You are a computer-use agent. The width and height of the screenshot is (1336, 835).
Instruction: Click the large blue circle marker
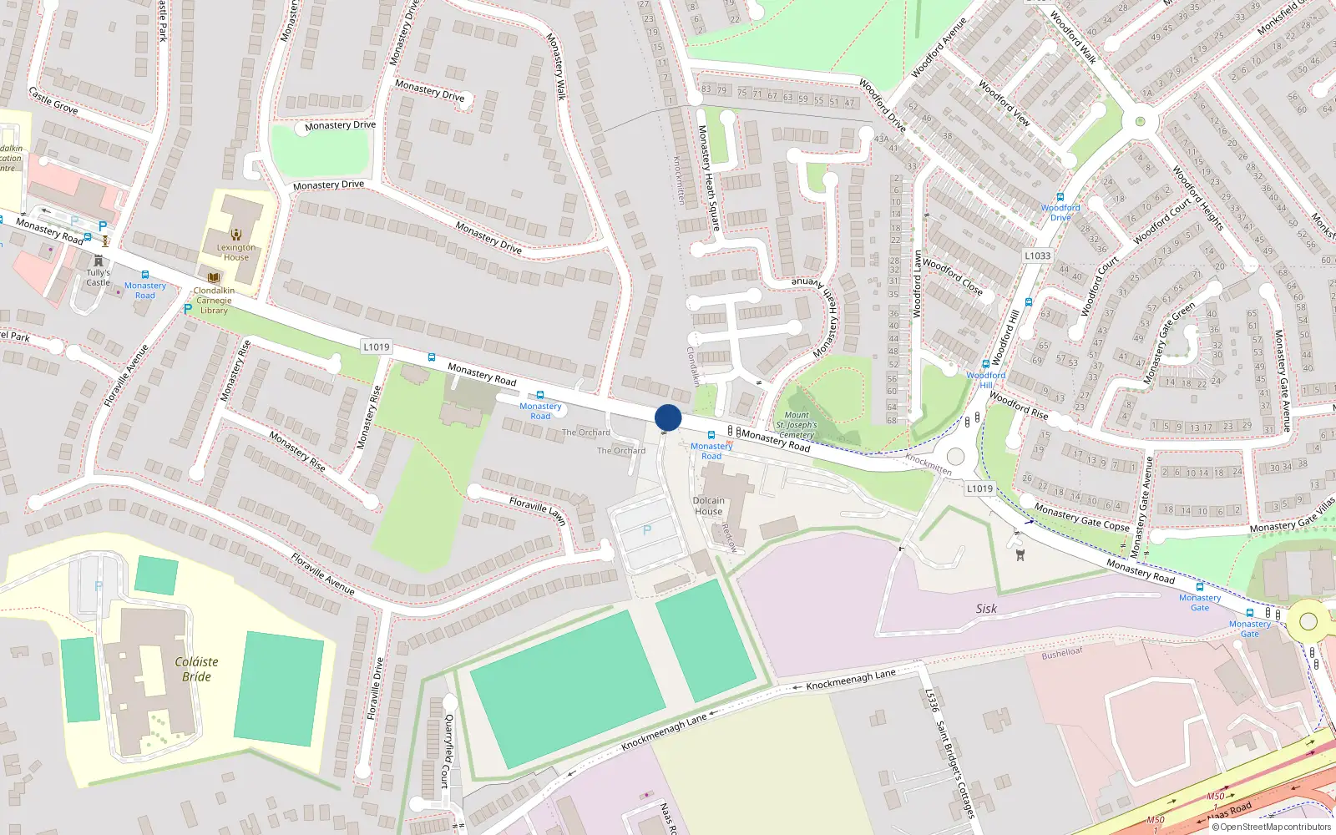tap(668, 417)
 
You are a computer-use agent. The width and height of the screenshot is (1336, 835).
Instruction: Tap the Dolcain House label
tap(708, 506)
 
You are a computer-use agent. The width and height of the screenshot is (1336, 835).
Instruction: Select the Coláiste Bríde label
tap(196, 669)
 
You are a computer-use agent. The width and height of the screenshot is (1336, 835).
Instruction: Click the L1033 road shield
tap(1037, 256)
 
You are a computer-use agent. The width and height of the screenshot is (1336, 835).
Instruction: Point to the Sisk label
tap(986, 609)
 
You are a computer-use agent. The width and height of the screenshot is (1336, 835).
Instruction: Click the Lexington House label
tap(236, 252)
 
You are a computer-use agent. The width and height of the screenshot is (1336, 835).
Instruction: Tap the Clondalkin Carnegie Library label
tap(214, 301)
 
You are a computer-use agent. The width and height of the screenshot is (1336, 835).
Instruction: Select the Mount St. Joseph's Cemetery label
tap(797, 424)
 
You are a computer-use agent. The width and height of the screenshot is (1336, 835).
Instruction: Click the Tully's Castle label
tap(98, 277)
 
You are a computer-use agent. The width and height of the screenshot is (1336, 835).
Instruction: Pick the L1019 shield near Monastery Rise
tap(376, 347)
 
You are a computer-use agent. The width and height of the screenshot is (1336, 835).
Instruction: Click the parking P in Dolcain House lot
tap(646, 530)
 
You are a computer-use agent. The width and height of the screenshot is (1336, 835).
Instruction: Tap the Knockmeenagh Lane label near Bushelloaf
tap(850, 680)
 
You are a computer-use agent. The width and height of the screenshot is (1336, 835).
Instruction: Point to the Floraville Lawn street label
tap(538, 510)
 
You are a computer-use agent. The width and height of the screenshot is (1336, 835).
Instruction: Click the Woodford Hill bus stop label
tap(985, 380)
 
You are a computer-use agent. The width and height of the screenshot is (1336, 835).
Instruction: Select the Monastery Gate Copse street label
tap(1081, 517)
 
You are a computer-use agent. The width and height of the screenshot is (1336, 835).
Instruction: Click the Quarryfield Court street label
tap(448, 751)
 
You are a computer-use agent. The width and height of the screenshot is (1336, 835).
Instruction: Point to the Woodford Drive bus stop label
tap(1060, 212)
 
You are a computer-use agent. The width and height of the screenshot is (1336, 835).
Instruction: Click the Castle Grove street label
tap(53, 100)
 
